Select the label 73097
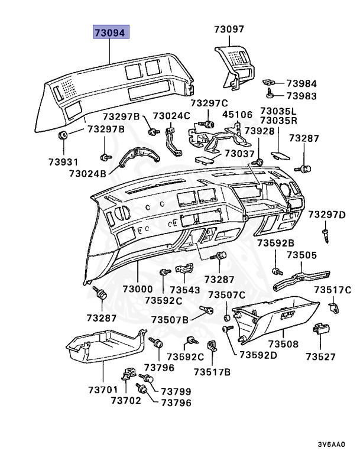[x=229, y=29]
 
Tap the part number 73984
[x=302, y=83]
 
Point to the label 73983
[x=302, y=95]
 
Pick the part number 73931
[x=63, y=161]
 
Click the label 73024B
[x=87, y=174]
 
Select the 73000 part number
[x=138, y=289]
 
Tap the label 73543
[x=186, y=290]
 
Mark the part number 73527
[x=320, y=356]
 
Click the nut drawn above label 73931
[x=62, y=137]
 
